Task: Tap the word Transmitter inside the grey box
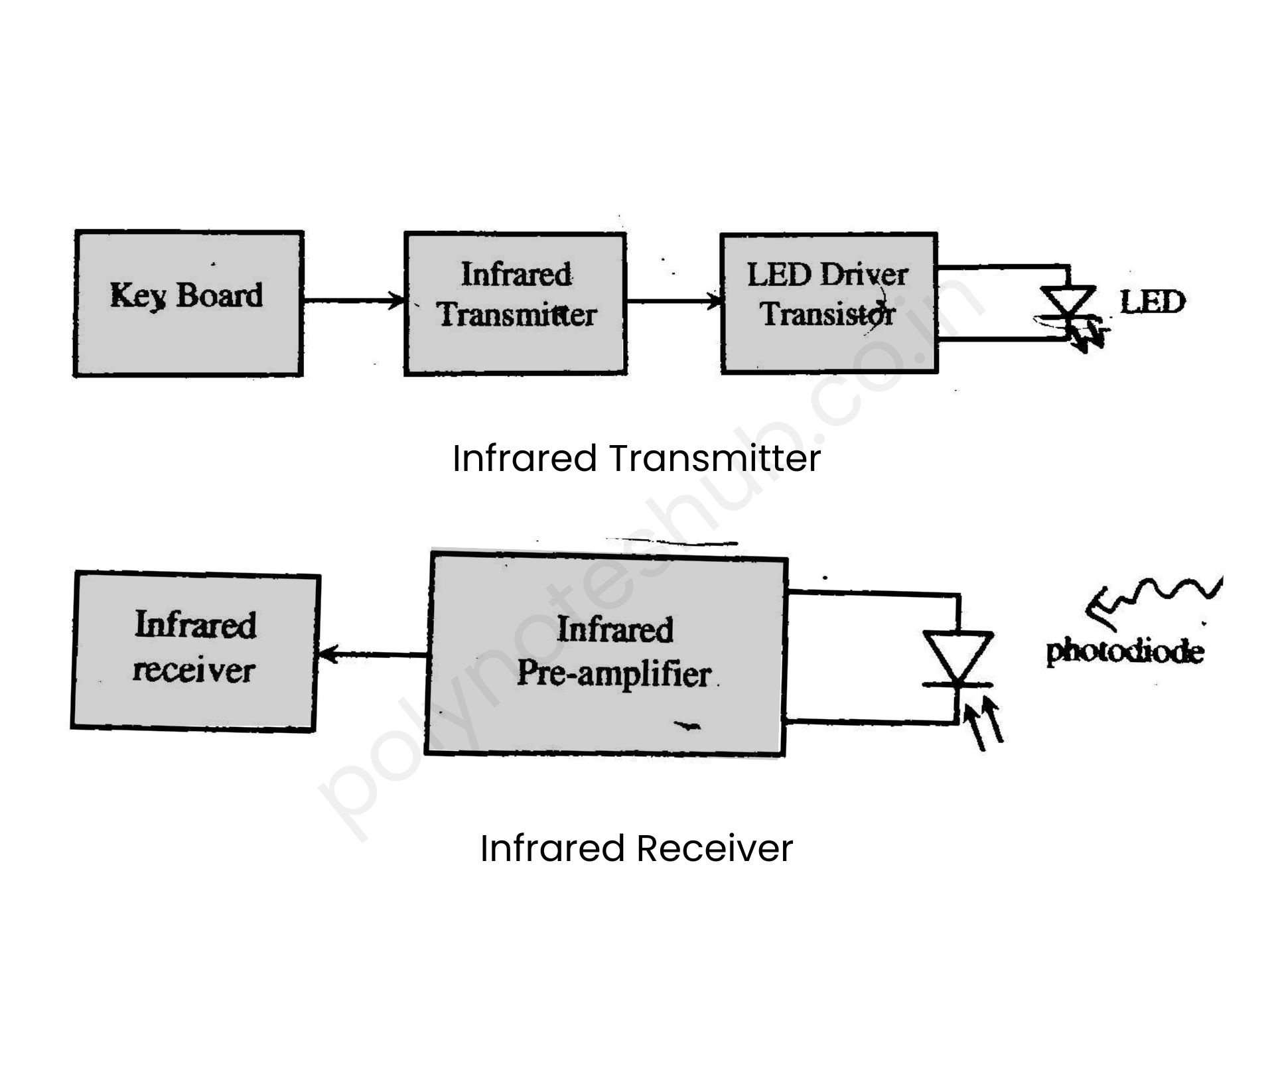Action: [517, 314]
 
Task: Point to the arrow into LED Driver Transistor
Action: [673, 301]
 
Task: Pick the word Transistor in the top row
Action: [827, 314]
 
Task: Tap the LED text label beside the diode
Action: [1152, 302]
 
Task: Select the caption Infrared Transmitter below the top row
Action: [636, 458]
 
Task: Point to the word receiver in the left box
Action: [193, 670]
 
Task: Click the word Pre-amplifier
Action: [614, 673]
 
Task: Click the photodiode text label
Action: [1124, 651]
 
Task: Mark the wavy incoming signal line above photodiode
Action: [1155, 594]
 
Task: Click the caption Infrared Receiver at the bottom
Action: [636, 848]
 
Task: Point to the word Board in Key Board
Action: [219, 295]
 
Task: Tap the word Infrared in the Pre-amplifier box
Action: [614, 629]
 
